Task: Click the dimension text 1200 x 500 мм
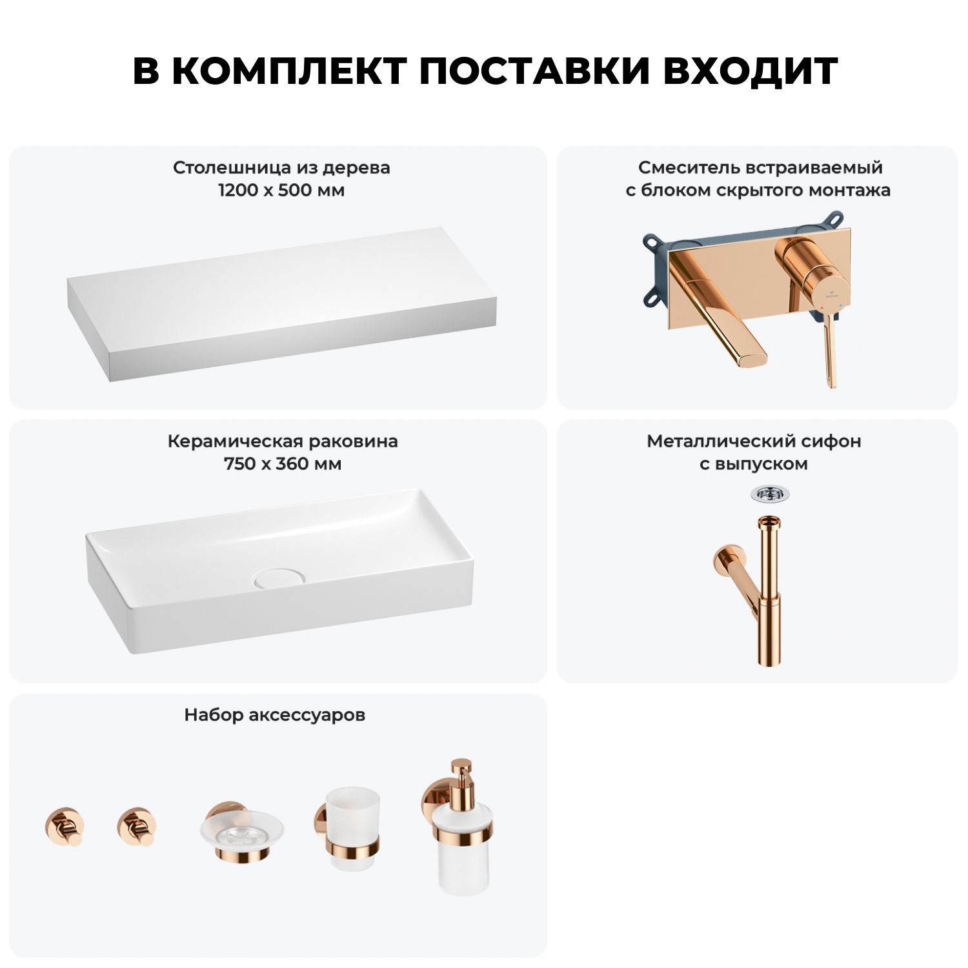coord(281,190)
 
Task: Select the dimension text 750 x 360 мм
coord(283,464)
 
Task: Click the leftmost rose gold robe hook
coord(65,826)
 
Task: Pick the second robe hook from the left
coord(136,826)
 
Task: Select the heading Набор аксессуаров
coord(274,715)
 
